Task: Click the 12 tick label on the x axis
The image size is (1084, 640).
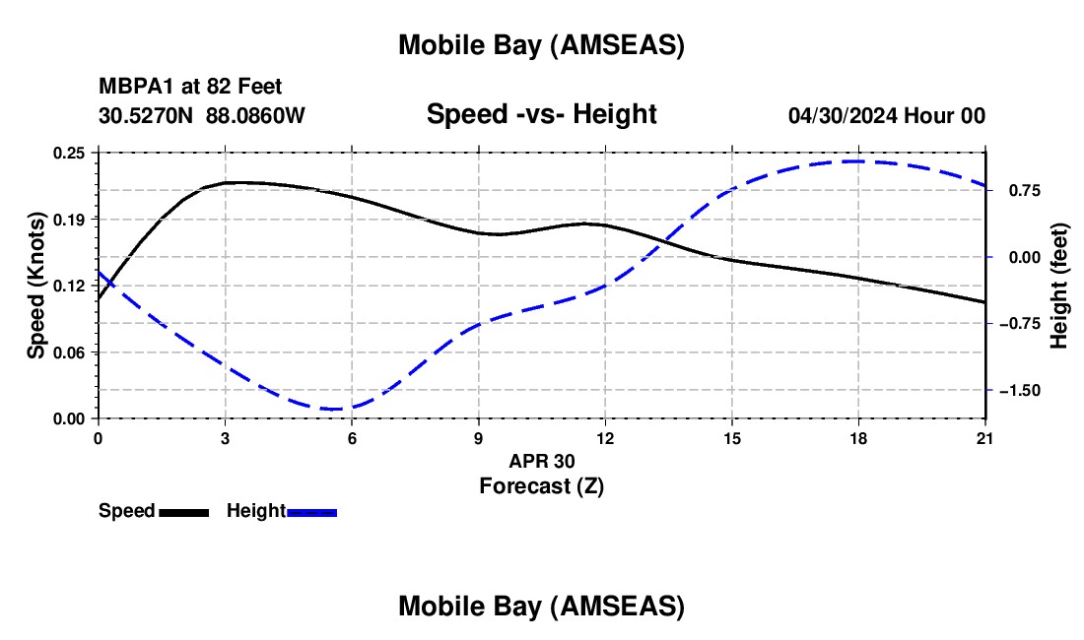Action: tap(604, 438)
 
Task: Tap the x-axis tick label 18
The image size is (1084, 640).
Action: tap(858, 438)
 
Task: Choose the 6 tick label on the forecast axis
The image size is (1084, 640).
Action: tap(352, 438)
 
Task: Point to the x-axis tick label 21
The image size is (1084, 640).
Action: tap(985, 438)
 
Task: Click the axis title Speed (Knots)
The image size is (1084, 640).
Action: tap(36, 286)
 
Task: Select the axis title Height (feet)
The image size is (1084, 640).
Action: tap(1059, 286)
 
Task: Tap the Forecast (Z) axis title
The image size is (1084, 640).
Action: tap(540, 485)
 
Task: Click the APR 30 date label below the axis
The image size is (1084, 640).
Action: tap(541, 461)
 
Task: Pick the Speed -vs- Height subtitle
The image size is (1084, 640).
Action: tap(541, 114)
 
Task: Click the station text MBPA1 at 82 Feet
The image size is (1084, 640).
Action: tap(190, 88)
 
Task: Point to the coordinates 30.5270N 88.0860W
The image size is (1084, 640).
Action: tap(202, 115)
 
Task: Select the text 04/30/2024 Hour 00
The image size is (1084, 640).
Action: tap(886, 115)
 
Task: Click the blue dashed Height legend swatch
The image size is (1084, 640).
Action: tap(312, 512)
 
